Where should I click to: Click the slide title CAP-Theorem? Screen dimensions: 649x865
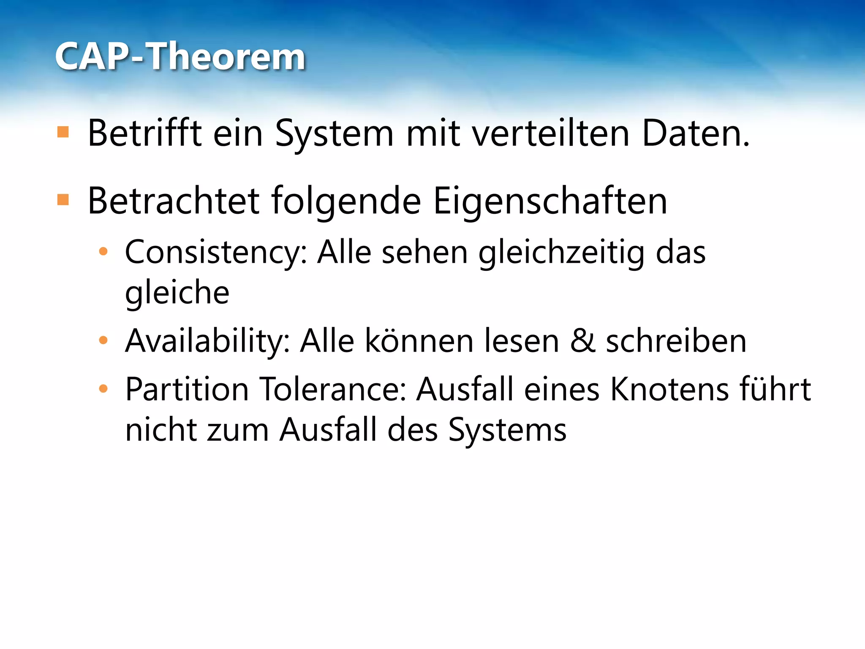coord(180,57)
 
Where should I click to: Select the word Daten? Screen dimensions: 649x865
coord(695,134)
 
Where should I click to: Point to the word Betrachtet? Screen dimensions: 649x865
coord(173,201)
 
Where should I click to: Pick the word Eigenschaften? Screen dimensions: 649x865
coord(550,201)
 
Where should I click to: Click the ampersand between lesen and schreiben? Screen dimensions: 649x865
coord(583,341)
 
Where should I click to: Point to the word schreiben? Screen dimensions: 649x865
coord(676,341)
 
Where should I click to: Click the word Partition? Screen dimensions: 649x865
coord(187,389)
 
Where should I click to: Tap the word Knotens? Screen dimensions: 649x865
coord(668,389)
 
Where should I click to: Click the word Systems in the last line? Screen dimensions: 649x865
coord(507,430)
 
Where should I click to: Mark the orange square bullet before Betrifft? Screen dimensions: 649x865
coord(63,132)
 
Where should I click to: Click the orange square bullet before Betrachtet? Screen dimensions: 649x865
coord(63,199)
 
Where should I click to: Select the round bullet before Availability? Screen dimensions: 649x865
coord(103,340)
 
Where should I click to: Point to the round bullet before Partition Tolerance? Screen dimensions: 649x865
coord(103,388)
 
